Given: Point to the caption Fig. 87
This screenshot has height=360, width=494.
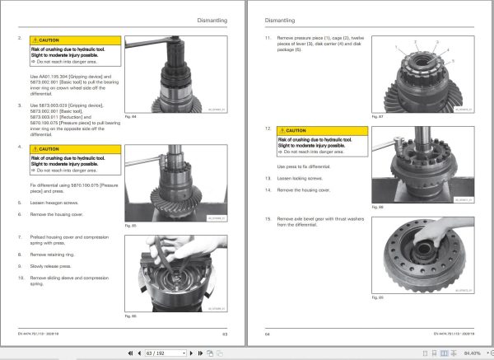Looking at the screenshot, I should pos(378,116).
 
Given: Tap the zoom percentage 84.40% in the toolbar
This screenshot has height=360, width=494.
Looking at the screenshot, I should pos(472,353).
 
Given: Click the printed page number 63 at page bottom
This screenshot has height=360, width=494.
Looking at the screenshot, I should pos(225,334).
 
